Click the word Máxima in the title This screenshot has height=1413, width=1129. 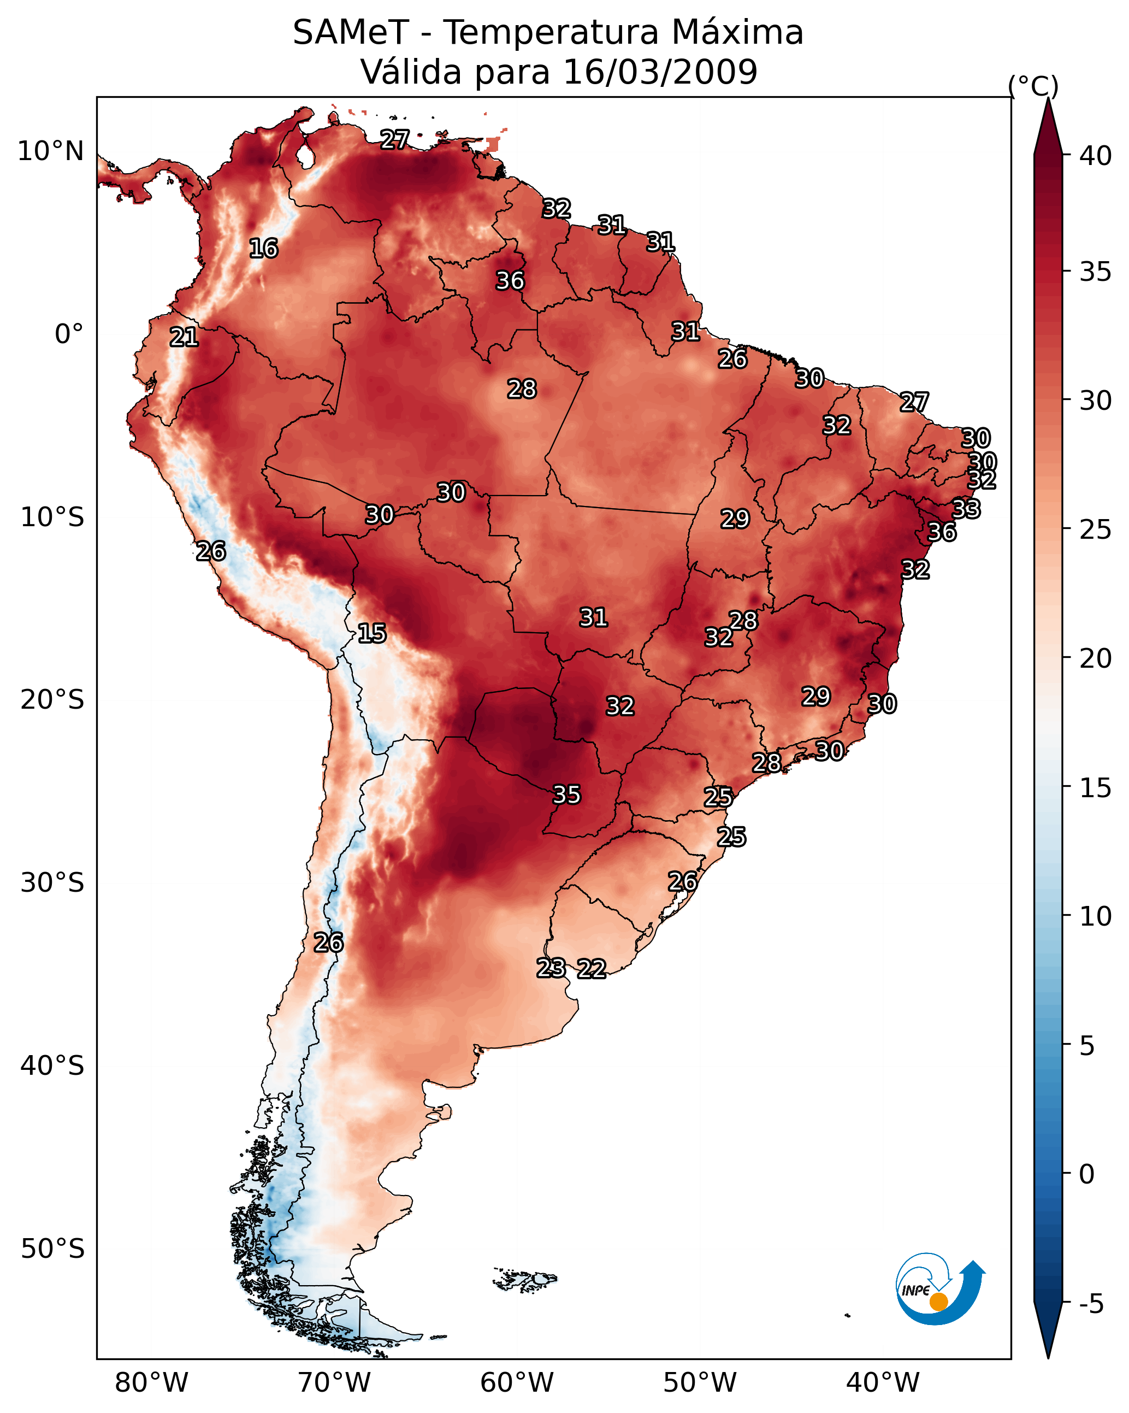[x=737, y=33]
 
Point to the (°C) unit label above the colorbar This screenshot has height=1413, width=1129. [x=1033, y=86]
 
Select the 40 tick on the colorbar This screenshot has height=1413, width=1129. [x=1096, y=156]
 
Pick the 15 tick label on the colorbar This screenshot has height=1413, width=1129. [x=1096, y=788]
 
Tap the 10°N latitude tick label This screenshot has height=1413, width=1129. [x=50, y=151]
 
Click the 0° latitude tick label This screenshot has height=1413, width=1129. [x=69, y=334]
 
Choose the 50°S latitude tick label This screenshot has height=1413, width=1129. [x=52, y=1249]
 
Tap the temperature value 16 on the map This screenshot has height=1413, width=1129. [x=263, y=249]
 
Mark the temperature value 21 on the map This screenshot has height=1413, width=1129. [x=184, y=338]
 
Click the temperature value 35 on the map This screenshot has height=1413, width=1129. [x=567, y=795]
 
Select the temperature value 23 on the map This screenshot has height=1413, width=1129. [x=551, y=968]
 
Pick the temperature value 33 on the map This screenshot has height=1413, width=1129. [x=966, y=509]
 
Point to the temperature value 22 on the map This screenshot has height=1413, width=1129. [x=592, y=969]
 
